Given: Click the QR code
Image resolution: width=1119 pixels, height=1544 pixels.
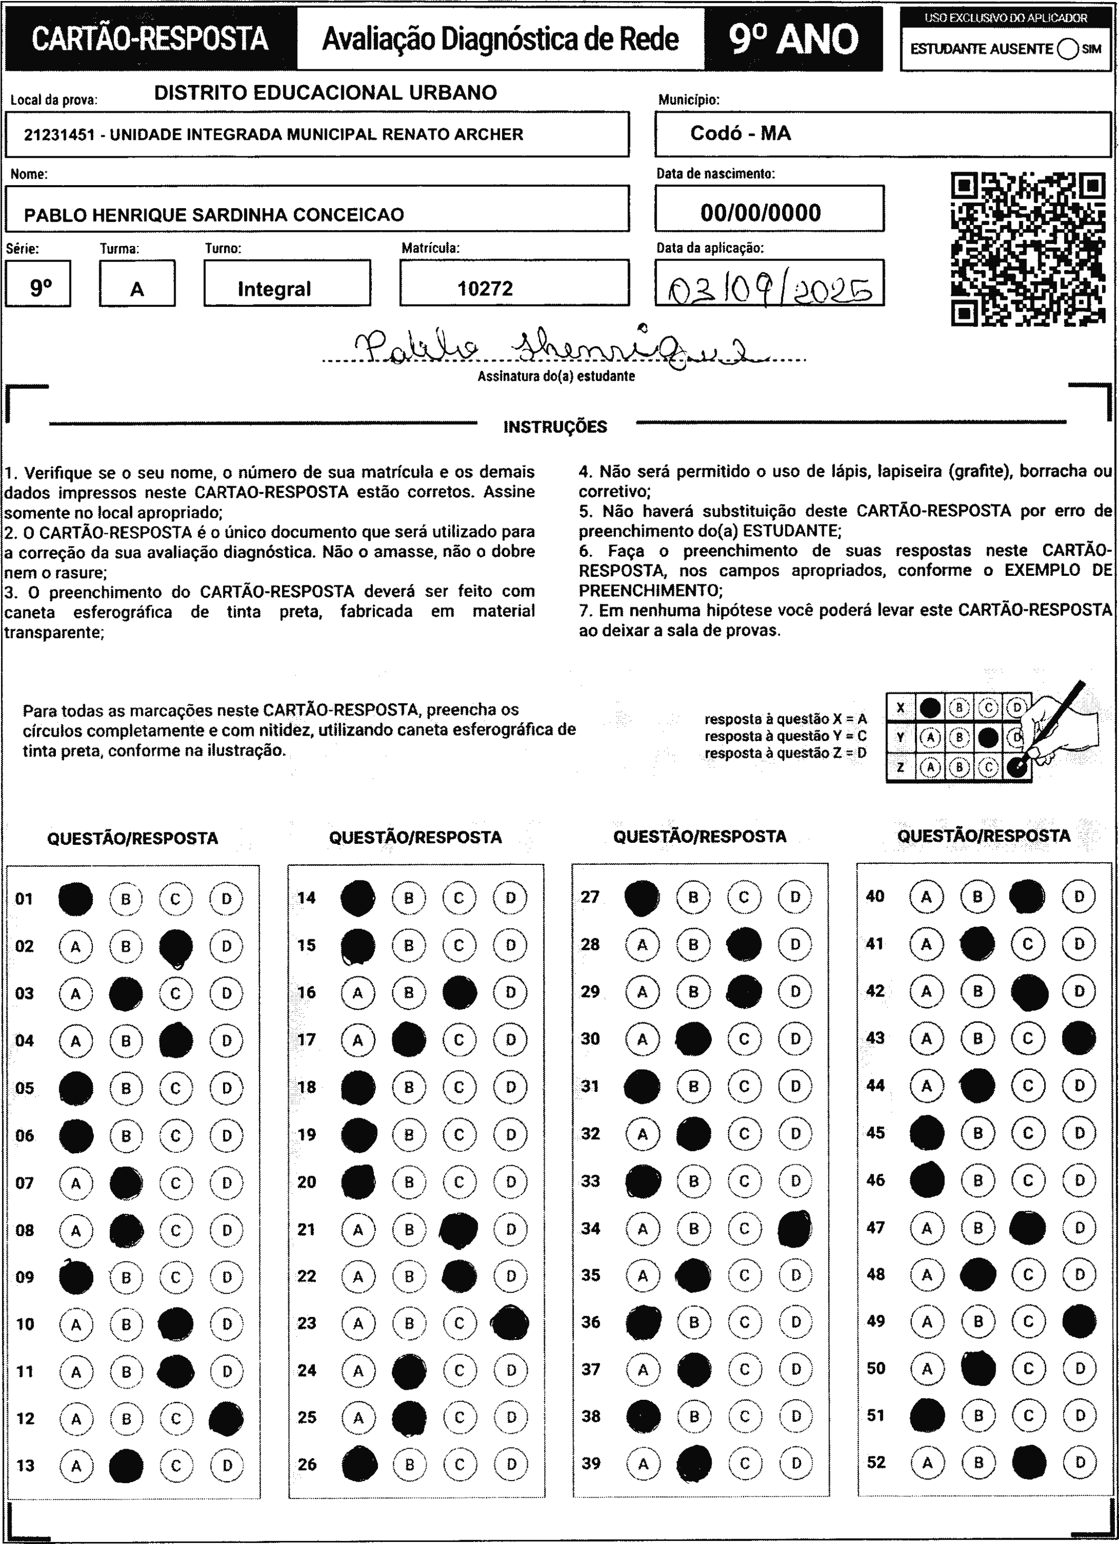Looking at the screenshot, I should point(1028,249).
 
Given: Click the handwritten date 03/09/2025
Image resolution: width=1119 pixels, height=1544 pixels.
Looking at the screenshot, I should point(770,290).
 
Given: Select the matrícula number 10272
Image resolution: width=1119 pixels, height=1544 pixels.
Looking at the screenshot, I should point(485,288).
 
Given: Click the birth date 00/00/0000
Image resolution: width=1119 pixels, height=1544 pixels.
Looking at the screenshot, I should point(761,213).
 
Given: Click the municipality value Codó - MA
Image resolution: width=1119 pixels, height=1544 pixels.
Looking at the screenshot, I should point(740,133).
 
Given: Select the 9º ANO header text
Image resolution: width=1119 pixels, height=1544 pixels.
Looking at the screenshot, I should point(794,39).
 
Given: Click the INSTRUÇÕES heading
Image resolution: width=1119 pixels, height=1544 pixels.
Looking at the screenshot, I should point(555,427).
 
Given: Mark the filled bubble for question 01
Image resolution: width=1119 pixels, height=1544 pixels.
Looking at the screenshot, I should point(75,899).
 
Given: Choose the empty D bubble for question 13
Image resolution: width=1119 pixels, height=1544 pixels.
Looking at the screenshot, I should point(227,1466).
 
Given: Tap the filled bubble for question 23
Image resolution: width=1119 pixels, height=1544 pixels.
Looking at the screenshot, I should point(510,1323).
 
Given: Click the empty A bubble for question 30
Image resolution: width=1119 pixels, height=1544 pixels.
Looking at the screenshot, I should point(642,1039).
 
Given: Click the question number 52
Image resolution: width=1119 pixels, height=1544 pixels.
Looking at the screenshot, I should point(876,1462).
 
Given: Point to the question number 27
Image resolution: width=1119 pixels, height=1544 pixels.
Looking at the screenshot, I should point(590,897).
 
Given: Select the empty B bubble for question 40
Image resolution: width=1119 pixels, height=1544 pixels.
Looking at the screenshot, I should point(977,897).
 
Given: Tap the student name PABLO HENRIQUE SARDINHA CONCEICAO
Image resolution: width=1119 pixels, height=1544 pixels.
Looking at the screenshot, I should point(214,215).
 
